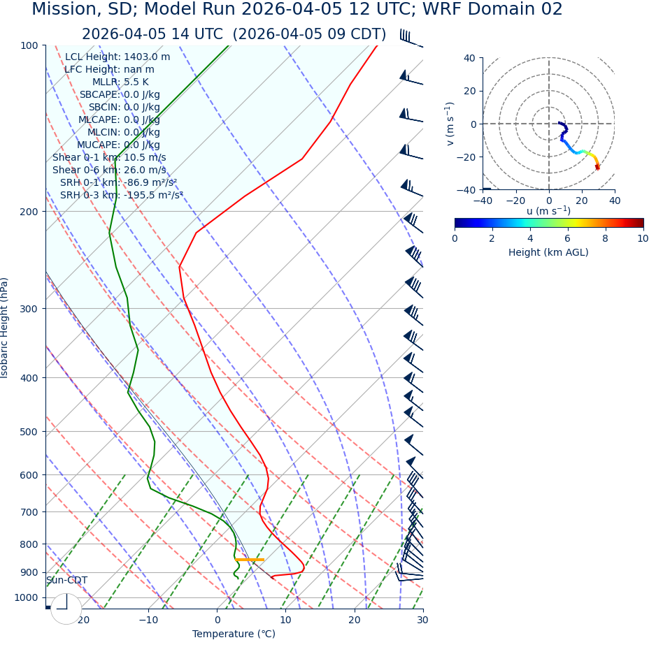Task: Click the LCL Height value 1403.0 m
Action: tap(147, 57)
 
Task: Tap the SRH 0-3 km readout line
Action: tap(121, 195)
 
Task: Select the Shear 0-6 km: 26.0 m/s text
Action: tap(109, 170)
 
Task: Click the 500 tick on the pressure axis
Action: tap(28, 432)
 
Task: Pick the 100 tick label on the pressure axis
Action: tap(28, 45)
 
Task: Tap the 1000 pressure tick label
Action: tap(25, 597)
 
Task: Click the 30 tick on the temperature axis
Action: tap(422, 620)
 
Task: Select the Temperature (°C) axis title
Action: tap(234, 634)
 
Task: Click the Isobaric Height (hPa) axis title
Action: tap(5, 328)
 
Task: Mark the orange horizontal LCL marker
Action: tap(249, 560)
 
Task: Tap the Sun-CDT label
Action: tap(66, 580)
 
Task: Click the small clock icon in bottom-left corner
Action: tap(66, 609)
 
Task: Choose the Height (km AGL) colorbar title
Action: tap(548, 252)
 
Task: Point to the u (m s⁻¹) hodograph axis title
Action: tap(548, 211)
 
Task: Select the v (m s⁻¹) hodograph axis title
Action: tap(450, 124)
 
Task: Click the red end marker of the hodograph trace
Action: tap(597, 167)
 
